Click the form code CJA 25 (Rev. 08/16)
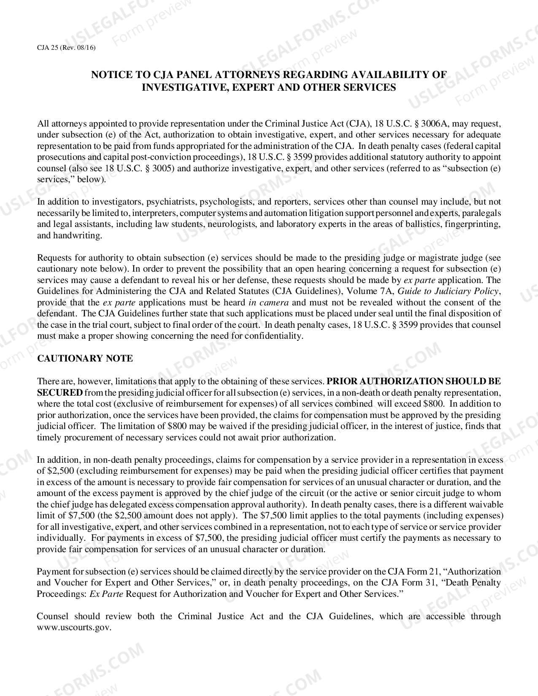point(66,48)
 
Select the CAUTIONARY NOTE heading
point(85,359)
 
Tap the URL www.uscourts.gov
point(74,627)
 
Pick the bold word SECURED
point(59,392)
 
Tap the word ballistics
point(423,224)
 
